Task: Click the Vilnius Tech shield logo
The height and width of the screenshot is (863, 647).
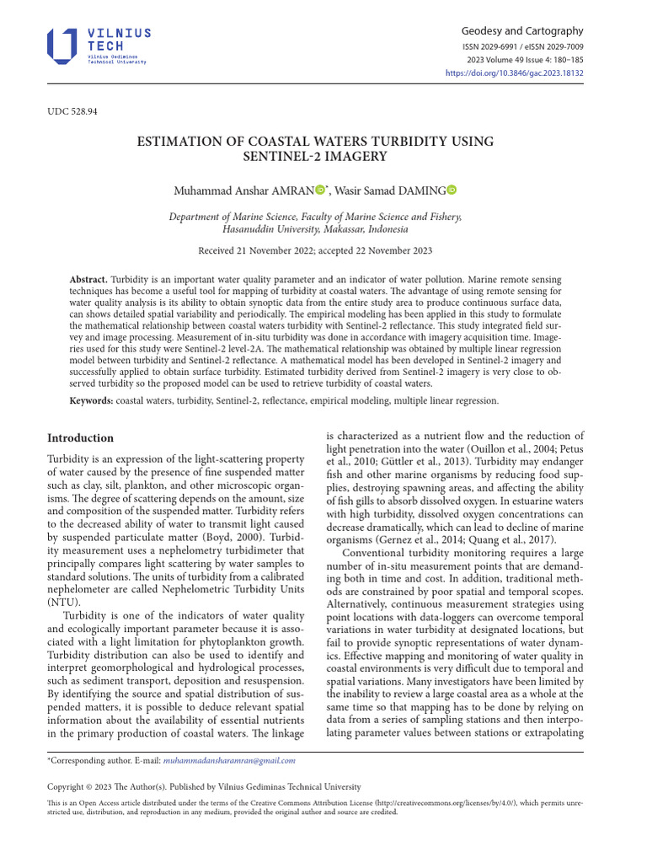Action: [61, 46]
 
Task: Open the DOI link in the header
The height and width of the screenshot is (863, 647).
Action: [514, 73]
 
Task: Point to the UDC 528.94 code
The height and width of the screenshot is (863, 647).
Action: [72, 111]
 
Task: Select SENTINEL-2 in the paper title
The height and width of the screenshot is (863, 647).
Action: [279, 157]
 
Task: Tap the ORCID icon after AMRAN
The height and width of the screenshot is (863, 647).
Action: [321, 191]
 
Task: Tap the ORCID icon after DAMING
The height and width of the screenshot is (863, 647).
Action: [451, 191]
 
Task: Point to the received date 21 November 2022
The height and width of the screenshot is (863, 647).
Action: [270, 250]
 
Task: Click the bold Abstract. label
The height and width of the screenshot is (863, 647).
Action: [88, 279]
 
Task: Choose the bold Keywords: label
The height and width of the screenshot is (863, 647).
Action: [91, 401]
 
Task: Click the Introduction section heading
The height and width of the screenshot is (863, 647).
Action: [80, 438]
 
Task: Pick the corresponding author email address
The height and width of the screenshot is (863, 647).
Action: [229, 760]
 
